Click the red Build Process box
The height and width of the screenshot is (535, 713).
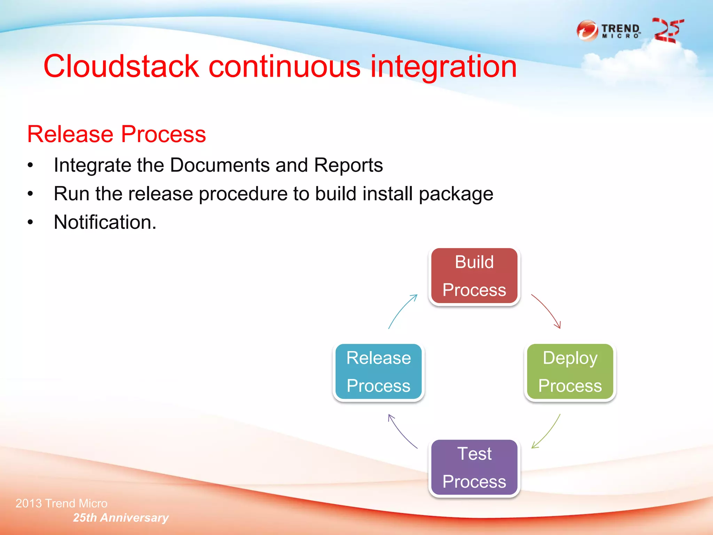474,276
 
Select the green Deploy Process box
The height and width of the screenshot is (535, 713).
570,372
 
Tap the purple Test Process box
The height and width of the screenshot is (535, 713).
474,467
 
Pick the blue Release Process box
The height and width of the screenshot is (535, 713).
378,372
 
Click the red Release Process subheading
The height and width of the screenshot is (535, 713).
116,134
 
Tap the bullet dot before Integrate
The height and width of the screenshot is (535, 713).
31,165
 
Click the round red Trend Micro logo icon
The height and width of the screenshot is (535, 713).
587,31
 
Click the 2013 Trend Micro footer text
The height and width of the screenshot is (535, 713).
61,503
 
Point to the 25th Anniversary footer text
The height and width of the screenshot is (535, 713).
120,518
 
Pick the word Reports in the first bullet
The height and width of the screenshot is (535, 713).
348,165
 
